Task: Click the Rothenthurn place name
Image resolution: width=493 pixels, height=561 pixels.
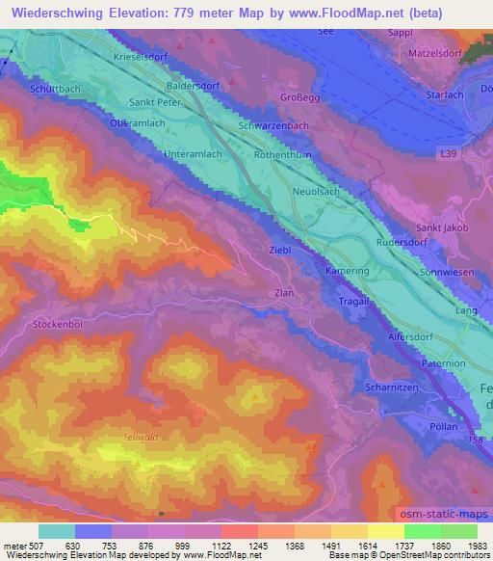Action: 282,154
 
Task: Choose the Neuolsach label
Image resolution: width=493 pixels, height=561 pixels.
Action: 318,192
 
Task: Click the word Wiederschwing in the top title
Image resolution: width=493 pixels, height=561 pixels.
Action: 62,12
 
